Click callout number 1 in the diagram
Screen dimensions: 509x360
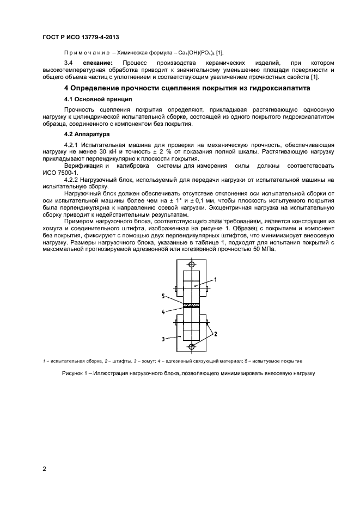216,279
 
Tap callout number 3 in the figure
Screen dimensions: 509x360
163,338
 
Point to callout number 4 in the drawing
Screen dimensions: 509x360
163,312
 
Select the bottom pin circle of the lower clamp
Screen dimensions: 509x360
192,346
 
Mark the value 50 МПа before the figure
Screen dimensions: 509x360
264,234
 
